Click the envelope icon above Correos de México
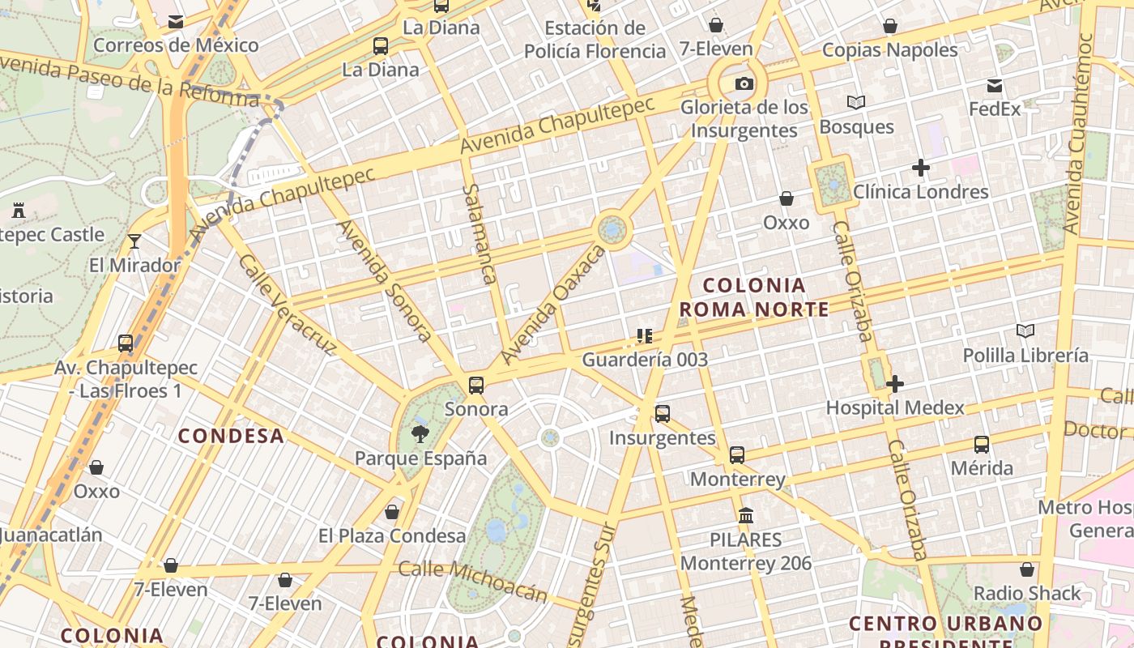[176, 22]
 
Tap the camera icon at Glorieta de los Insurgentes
[744, 83]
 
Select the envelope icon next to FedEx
[995, 86]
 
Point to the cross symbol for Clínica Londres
[920, 168]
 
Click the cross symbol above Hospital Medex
[895, 384]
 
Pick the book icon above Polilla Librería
[1025, 331]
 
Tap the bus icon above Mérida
[982, 444]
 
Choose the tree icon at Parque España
[420, 434]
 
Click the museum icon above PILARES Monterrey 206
[746, 515]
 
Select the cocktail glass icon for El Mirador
[134, 241]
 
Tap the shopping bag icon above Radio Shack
[1027, 569]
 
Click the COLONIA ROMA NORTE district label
[754, 297]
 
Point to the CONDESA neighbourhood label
[231, 436]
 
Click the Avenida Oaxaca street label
[553, 305]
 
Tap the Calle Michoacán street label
[473, 582]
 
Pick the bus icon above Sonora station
[476, 386]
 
